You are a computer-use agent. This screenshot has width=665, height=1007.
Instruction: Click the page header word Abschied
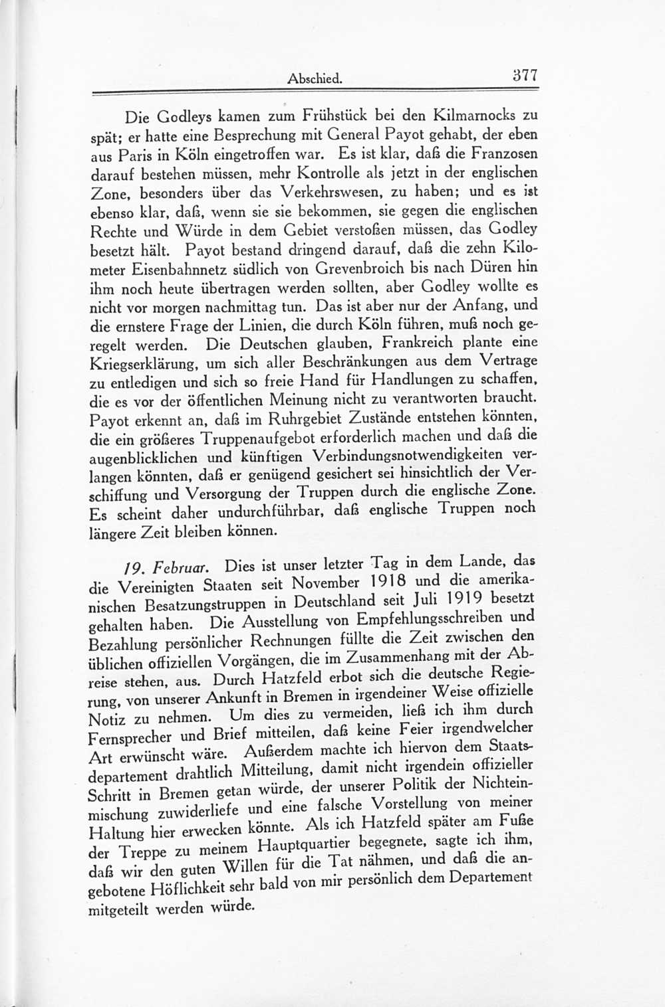(315, 78)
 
